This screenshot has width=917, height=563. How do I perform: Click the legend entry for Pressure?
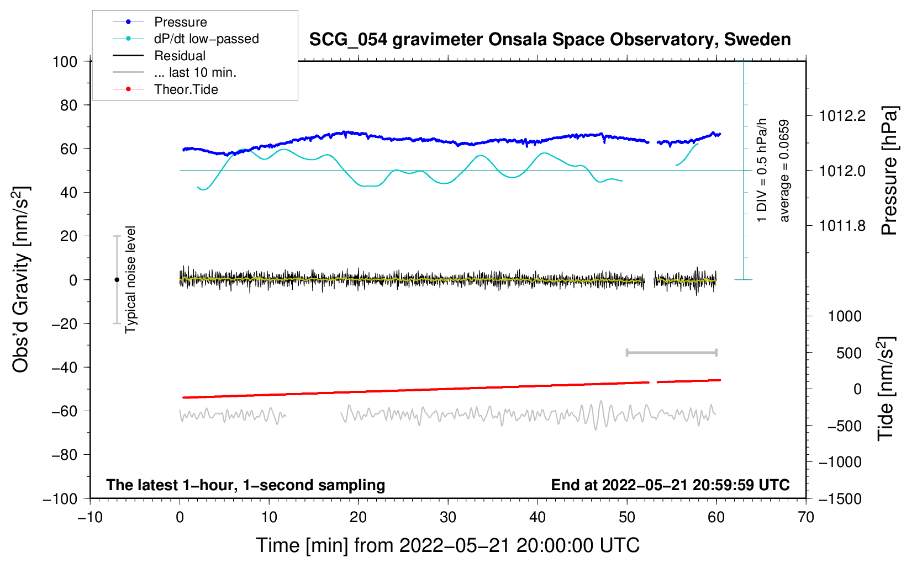180,22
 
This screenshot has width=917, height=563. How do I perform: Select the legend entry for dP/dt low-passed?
206,39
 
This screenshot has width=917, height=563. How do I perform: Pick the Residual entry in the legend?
180,56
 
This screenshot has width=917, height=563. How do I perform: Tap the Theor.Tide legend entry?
186,89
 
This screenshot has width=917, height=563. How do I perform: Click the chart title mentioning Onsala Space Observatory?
550,40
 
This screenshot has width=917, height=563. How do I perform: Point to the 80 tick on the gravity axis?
68,105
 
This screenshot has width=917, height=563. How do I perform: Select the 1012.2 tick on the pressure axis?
842,116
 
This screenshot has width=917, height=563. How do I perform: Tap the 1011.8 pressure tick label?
842,226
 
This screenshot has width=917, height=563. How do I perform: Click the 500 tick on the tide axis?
850,353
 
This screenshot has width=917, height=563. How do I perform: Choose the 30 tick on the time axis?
448,517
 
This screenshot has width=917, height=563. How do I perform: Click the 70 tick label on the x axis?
806,517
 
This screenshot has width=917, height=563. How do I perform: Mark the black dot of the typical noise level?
117,280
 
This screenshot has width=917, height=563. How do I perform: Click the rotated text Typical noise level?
130,280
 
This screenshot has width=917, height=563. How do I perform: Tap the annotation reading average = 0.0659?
784,171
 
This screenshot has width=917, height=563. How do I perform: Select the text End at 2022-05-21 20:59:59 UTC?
670,485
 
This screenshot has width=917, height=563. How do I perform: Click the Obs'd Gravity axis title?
21,280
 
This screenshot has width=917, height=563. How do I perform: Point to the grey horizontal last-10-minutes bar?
671,353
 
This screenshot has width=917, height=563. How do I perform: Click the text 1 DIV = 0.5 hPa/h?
762,170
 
